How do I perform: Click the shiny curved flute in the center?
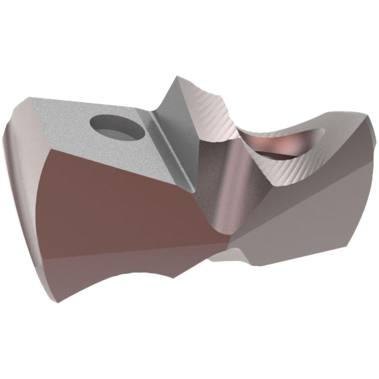coord(227,182)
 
